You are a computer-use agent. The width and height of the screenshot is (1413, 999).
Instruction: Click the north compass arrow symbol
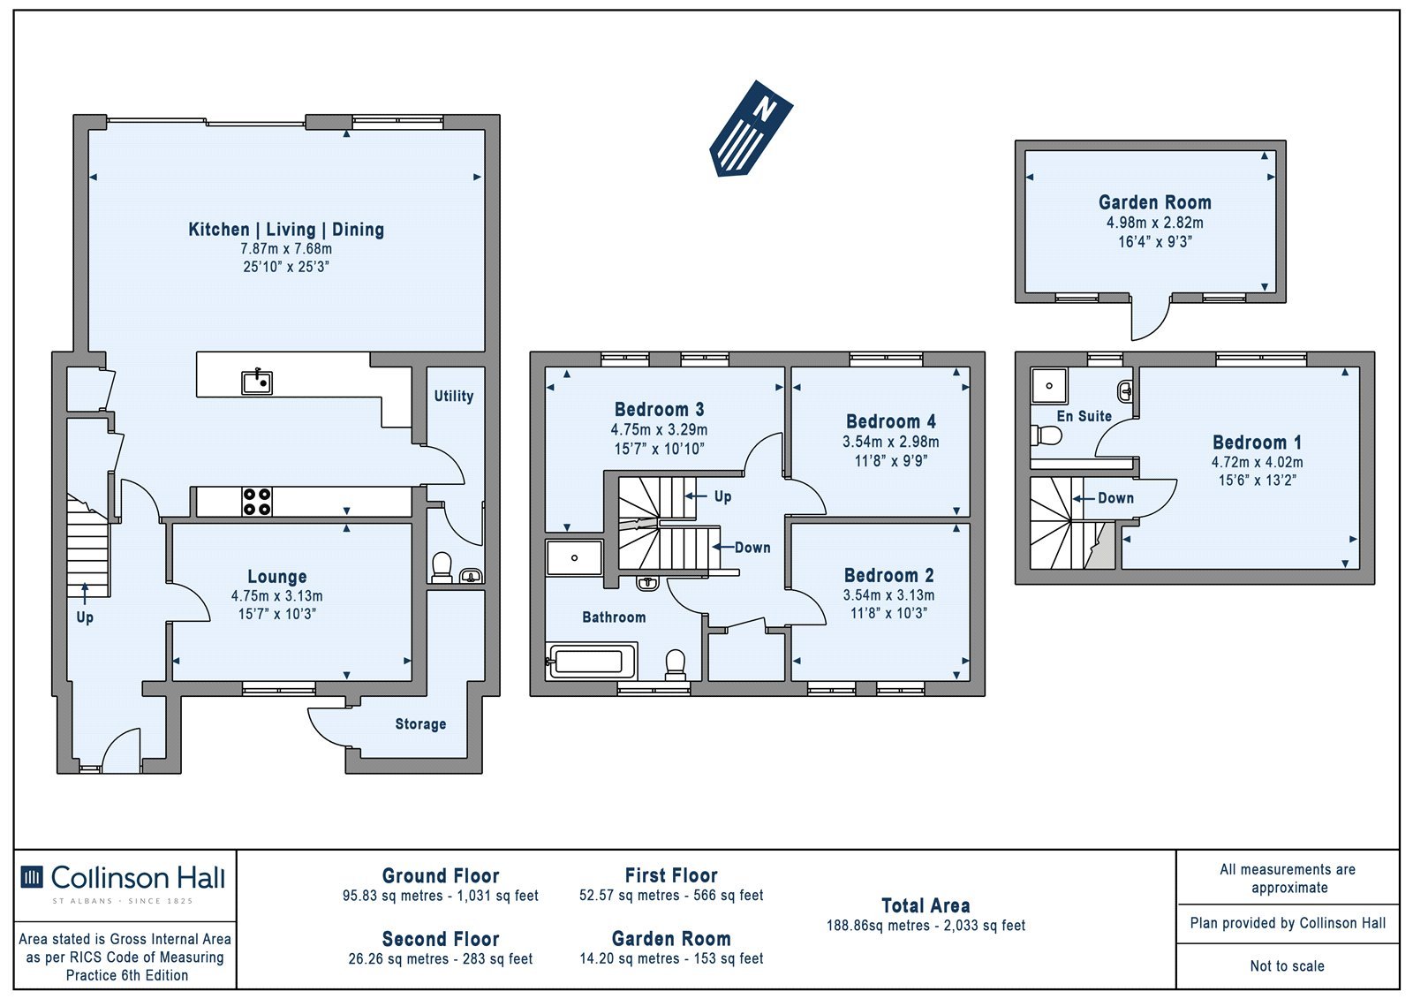tap(751, 128)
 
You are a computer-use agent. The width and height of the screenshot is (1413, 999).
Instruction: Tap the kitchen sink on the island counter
tap(257, 382)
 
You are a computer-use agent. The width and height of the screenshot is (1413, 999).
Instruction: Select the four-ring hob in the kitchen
tap(257, 502)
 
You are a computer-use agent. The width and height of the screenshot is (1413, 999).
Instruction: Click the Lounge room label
tap(277, 577)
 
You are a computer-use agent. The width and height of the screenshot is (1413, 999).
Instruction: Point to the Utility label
tap(454, 397)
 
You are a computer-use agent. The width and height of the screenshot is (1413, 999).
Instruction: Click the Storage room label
tap(420, 723)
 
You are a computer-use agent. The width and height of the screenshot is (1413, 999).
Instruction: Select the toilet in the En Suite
tap(1047, 435)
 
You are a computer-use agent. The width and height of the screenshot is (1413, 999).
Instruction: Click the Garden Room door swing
tap(1151, 319)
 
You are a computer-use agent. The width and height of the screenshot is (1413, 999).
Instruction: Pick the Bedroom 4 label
tap(891, 421)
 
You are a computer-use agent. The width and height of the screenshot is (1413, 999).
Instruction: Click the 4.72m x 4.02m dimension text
tap(1257, 462)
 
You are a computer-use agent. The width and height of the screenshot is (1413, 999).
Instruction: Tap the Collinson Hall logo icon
tap(32, 878)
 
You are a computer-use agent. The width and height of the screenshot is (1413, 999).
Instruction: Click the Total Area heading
tap(926, 906)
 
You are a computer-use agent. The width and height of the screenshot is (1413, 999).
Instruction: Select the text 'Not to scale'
tap(1287, 966)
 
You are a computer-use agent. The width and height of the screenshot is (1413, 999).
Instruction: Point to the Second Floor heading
tap(441, 939)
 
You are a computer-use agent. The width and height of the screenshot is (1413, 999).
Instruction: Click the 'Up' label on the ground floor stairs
tap(85, 617)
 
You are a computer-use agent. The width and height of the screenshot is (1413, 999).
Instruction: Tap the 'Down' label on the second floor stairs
tap(1115, 498)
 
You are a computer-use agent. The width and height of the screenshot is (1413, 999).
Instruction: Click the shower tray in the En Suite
tap(1049, 386)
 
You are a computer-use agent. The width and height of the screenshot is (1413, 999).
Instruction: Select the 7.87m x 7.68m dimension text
tap(286, 248)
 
